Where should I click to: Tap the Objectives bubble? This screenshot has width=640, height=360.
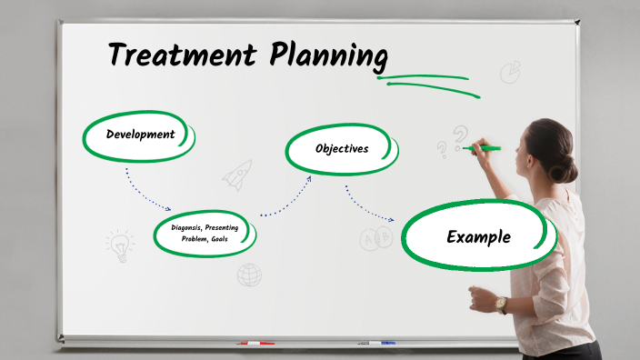pos(342,148)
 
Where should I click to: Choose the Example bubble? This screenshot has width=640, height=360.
pos(478,237)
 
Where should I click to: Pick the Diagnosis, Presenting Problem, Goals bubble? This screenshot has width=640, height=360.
pos(205,233)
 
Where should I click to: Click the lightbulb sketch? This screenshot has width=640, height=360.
pos(119,243)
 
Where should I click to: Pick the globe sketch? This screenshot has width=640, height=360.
pos(249,275)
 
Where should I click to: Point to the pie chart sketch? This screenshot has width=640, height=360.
pos(511,72)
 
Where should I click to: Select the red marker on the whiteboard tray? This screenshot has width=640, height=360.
pos(255,344)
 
